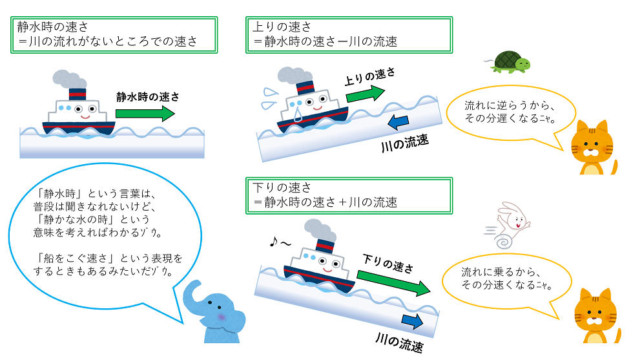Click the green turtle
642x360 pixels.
(510, 63)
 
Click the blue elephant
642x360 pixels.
(214, 313)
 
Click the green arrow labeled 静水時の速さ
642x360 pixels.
(145, 114)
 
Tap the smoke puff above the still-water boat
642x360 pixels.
(65, 78)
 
